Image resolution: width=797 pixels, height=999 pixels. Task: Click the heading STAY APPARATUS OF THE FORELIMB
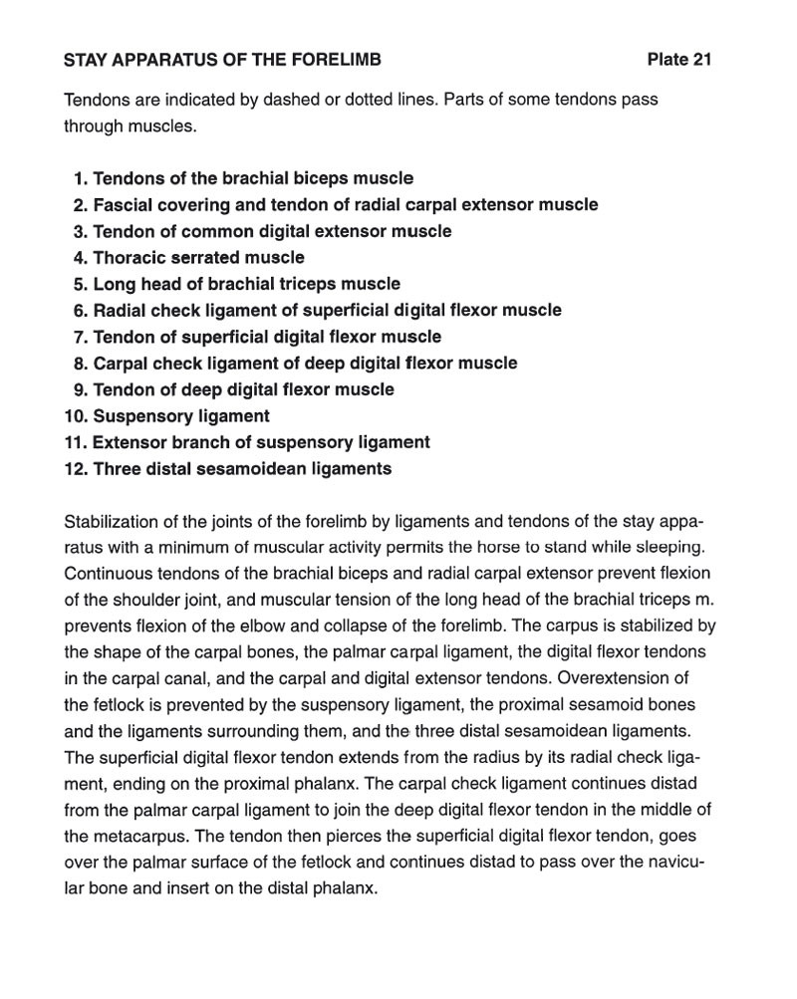point(222,60)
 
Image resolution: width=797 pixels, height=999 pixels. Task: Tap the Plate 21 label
point(679,60)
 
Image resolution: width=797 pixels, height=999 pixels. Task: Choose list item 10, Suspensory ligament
point(180,416)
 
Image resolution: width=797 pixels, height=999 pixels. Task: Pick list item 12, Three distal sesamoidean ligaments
point(242,469)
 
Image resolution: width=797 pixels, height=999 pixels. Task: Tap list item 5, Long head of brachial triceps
point(246,284)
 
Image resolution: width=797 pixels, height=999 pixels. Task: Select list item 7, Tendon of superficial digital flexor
point(267,337)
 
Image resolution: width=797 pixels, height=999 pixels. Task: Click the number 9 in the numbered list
point(80,389)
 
